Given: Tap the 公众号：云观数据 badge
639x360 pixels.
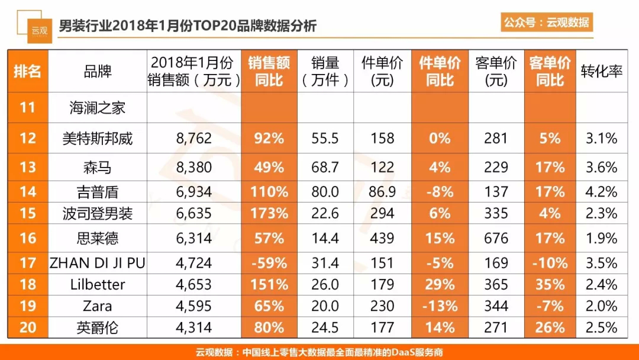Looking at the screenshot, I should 546,22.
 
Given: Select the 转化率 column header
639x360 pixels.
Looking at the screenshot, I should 601,71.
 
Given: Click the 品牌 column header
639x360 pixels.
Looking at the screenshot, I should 98,71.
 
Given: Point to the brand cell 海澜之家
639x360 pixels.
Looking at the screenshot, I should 98,108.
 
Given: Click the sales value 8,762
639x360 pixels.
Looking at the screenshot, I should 194,139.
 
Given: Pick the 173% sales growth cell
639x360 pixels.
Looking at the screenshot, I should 269,213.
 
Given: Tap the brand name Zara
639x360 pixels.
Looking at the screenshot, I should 98,306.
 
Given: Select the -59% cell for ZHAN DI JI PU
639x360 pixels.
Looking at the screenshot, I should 269,263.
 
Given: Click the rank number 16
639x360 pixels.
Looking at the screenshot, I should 28,238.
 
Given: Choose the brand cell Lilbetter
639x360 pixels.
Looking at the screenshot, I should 98,285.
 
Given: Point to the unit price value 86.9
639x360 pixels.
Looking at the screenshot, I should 382,192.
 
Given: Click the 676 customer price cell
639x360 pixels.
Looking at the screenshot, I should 496,238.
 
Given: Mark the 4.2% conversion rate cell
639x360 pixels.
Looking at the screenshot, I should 601,192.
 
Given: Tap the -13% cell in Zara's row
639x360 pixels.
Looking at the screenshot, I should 440,306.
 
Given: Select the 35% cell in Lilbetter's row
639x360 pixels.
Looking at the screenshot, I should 550,285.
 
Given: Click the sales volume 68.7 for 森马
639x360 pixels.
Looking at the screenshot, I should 325,168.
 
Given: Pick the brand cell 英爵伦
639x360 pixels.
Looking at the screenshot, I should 98,327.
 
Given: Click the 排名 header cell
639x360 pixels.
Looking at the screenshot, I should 28,71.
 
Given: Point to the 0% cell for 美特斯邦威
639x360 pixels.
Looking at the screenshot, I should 440,139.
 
